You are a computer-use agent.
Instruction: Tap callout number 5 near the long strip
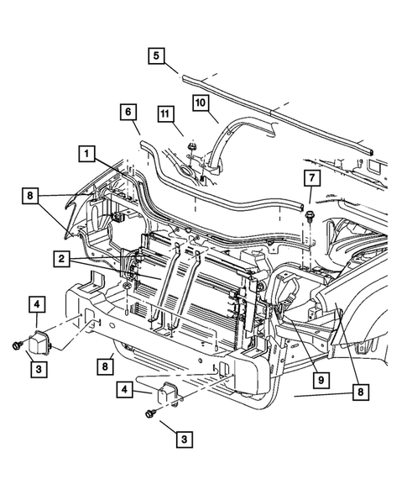point(156,56)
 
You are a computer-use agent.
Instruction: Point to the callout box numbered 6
point(128,111)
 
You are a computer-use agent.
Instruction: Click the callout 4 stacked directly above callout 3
point(38,304)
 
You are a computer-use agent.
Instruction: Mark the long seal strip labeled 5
point(277,115)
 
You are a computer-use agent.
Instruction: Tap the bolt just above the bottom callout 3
point(151,413)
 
